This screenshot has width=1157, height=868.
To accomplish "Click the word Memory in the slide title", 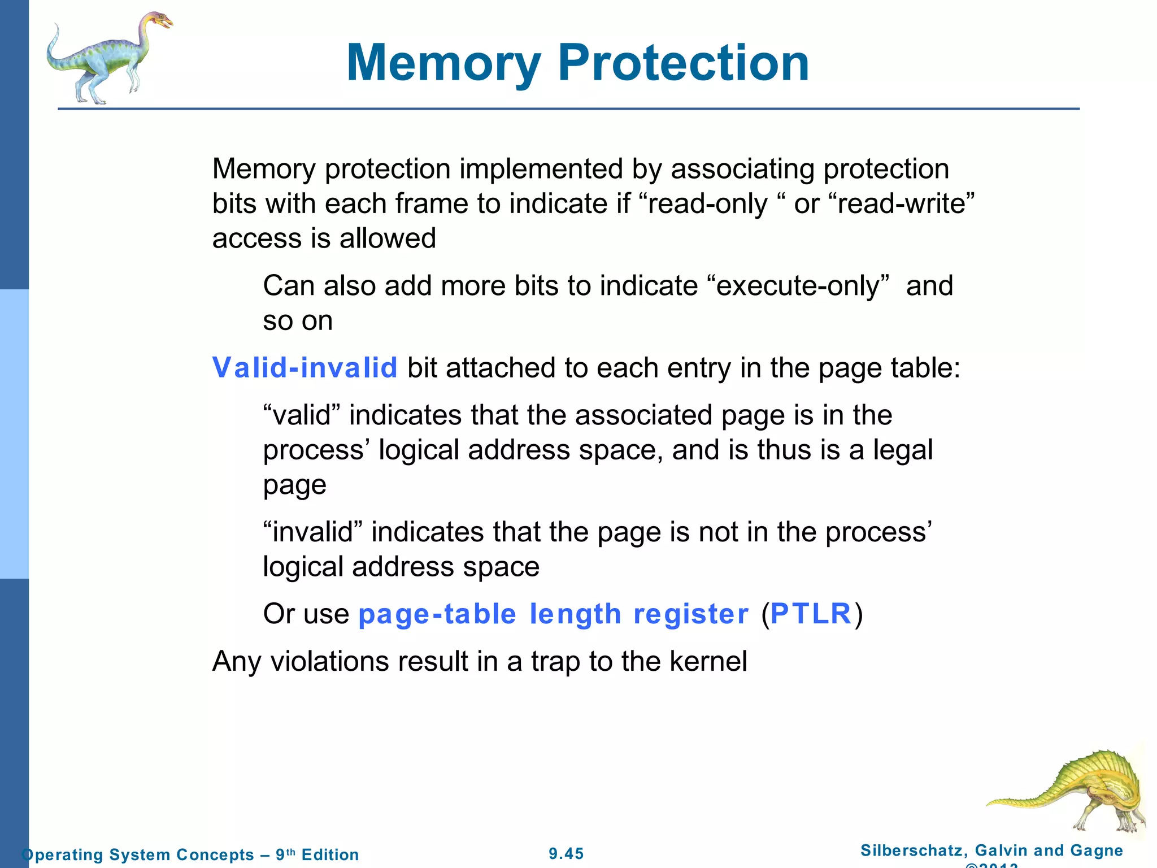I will pos(444,63).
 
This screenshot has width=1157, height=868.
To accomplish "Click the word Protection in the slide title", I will pos(684,63).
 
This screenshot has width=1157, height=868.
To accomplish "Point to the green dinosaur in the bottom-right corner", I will pos(1073,791).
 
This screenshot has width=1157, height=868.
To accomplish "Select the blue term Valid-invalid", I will pos(305,367).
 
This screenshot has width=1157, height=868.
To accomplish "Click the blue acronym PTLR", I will pos(811,614).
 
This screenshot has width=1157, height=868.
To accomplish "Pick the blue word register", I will pos(690,614).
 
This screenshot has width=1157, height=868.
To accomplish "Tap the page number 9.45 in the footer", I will pos(566,853).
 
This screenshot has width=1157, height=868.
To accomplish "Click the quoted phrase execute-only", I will pos(798,286).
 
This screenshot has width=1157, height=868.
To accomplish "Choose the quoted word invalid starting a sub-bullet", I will pos(313,532).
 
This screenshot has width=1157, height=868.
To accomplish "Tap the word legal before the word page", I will pos(903,450).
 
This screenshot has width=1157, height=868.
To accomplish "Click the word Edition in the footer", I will pos(330,854).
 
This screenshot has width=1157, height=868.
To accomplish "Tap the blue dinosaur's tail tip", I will pos(56,27).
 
